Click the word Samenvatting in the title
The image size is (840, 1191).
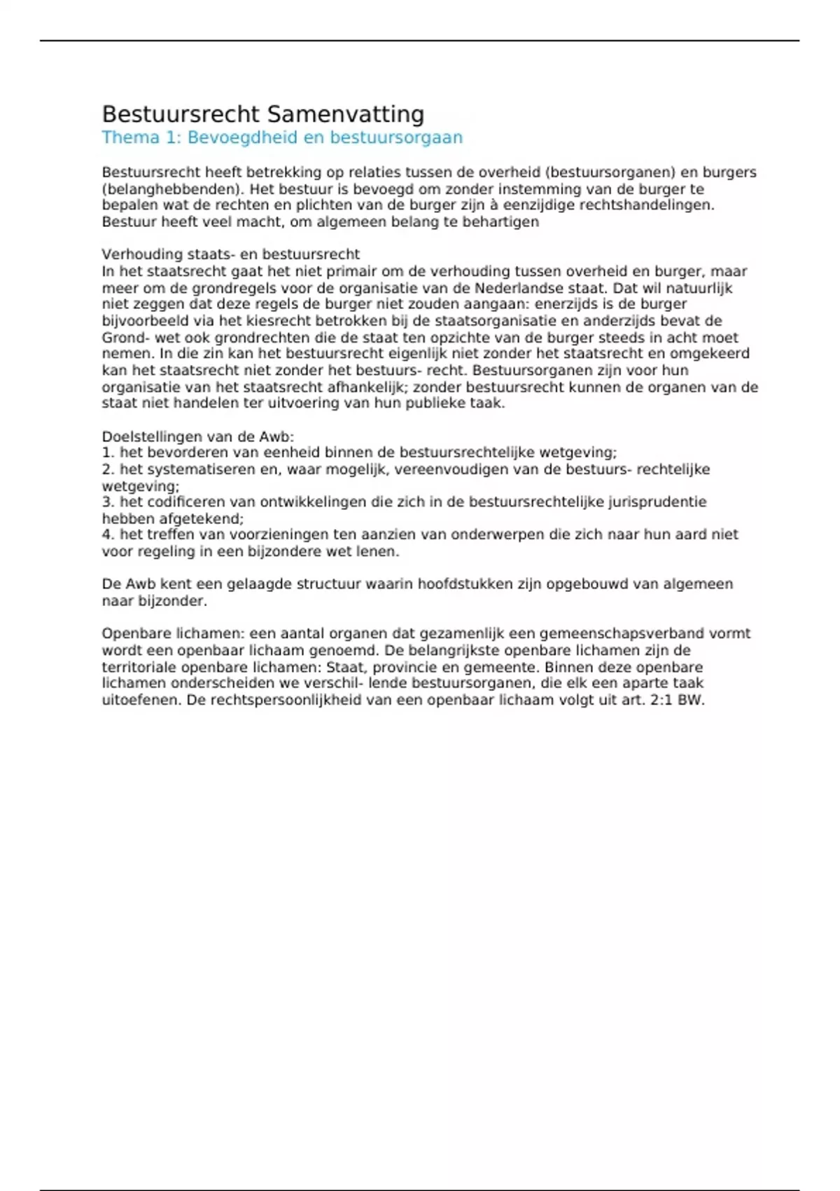pyautogui.click(x=346, y=114)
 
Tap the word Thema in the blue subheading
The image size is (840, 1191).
pyautogui.click(x=131, y=137)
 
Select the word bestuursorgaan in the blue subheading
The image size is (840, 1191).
pyautogui.click(x=396, y=137)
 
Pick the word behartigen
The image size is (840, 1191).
pyautogui.click(x=501, y=222)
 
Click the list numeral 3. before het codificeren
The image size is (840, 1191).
pyautogui.click(x=108, y=502)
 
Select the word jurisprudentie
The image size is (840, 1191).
pyautogui.click(x=657, y=502)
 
